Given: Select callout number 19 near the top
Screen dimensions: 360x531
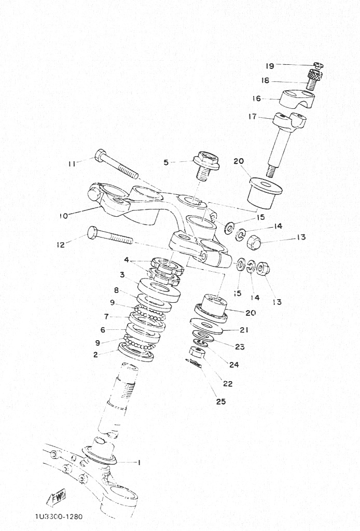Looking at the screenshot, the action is click(x=270, y=66).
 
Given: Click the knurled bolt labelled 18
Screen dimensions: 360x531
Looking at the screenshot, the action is click(x=315, y=79).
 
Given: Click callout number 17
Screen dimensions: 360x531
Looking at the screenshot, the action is click(x=253, y=117).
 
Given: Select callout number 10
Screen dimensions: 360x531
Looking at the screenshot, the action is click(x=64, y=216).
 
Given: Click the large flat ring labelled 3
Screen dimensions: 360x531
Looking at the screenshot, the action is click(x=159, y=290).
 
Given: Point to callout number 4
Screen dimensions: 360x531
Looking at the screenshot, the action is click(x=127, y=260).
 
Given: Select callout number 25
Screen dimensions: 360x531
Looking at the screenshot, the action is click(x=221, y=401).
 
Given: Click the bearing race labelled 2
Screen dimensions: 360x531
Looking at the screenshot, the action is click(x=136, y=352).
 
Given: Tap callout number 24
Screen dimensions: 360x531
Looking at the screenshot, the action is click(x=234, y=365).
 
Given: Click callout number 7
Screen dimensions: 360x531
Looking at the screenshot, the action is click(x=106, y=317).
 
